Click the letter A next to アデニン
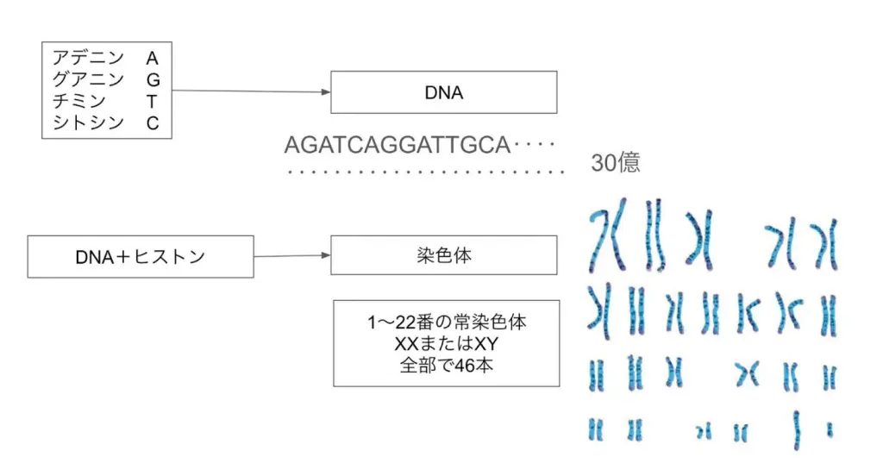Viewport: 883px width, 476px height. pyautogui.click(x=152, y=59)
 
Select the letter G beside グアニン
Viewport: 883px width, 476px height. pyautogui.click(x=153, y=80)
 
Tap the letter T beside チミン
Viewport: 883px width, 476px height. pyautogui.click(x=152, y=102)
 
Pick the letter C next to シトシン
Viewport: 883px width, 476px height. pyautogui.click(x=153, y=123)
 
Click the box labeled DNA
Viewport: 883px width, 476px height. pyautogui.click(x=444, y=92)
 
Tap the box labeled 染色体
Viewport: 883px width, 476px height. pyautogui.click(x=444, y=256)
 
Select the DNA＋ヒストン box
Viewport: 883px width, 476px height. pyautogui.click(x=141, y=257)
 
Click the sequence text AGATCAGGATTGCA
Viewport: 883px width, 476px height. pyautogui.click(x=398, y=145)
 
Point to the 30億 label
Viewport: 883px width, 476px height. pyautogui.click(x=616, y=163)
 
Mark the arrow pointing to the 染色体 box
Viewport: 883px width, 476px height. pyautogui.click(x=292, y=256)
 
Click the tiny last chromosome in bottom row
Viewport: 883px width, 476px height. pyautogui.click(x=830, y=428)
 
